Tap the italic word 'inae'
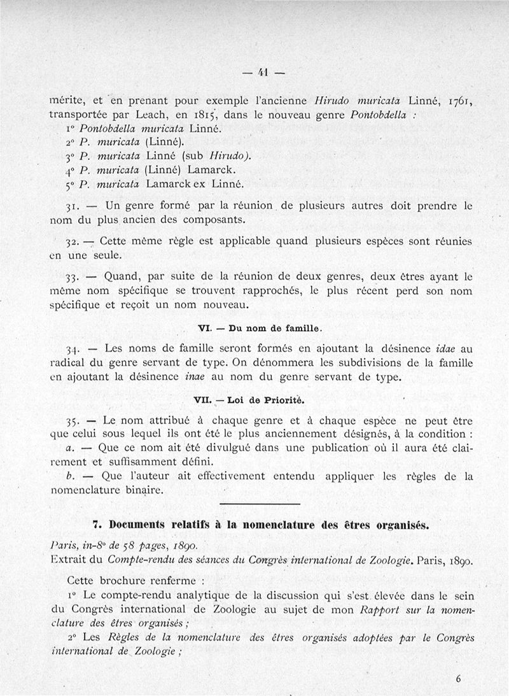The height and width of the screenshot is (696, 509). click(x=194, y=377)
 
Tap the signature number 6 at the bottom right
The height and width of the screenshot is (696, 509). click(x=458, y=679)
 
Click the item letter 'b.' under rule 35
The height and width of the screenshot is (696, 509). click(x=70, y=476)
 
